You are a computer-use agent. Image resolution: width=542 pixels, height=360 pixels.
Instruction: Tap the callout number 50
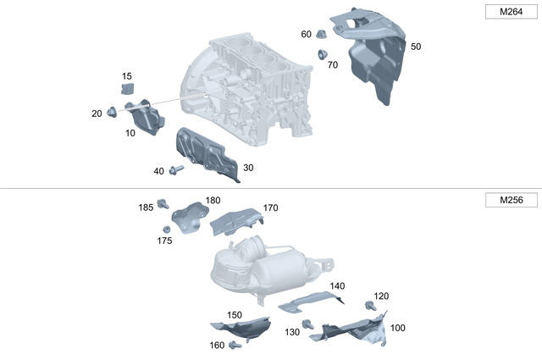coord(415,47)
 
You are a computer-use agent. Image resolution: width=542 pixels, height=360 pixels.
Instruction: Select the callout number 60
coord(306,35)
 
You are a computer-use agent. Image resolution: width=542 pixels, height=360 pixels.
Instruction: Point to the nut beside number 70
coord(323,55)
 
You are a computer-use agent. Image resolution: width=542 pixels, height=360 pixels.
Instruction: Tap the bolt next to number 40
coord(176,170)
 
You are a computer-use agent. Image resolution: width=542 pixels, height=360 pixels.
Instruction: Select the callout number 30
coord(248,168)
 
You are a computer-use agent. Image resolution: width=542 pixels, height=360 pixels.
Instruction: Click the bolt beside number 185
coord(165,203)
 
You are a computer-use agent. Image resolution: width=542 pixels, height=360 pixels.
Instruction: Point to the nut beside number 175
coord(167,228)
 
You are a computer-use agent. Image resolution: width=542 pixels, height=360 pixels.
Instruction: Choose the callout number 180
coord(212,201)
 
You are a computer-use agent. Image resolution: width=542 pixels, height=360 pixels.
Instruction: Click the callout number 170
coord(270,208)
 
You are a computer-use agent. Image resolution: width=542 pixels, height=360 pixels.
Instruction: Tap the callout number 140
coord(337,286)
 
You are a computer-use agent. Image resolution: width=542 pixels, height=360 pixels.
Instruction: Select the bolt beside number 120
coord(370,306)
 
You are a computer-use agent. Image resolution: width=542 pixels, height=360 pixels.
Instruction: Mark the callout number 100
coord(397,328)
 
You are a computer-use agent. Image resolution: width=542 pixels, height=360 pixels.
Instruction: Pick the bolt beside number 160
coord(236,344)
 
